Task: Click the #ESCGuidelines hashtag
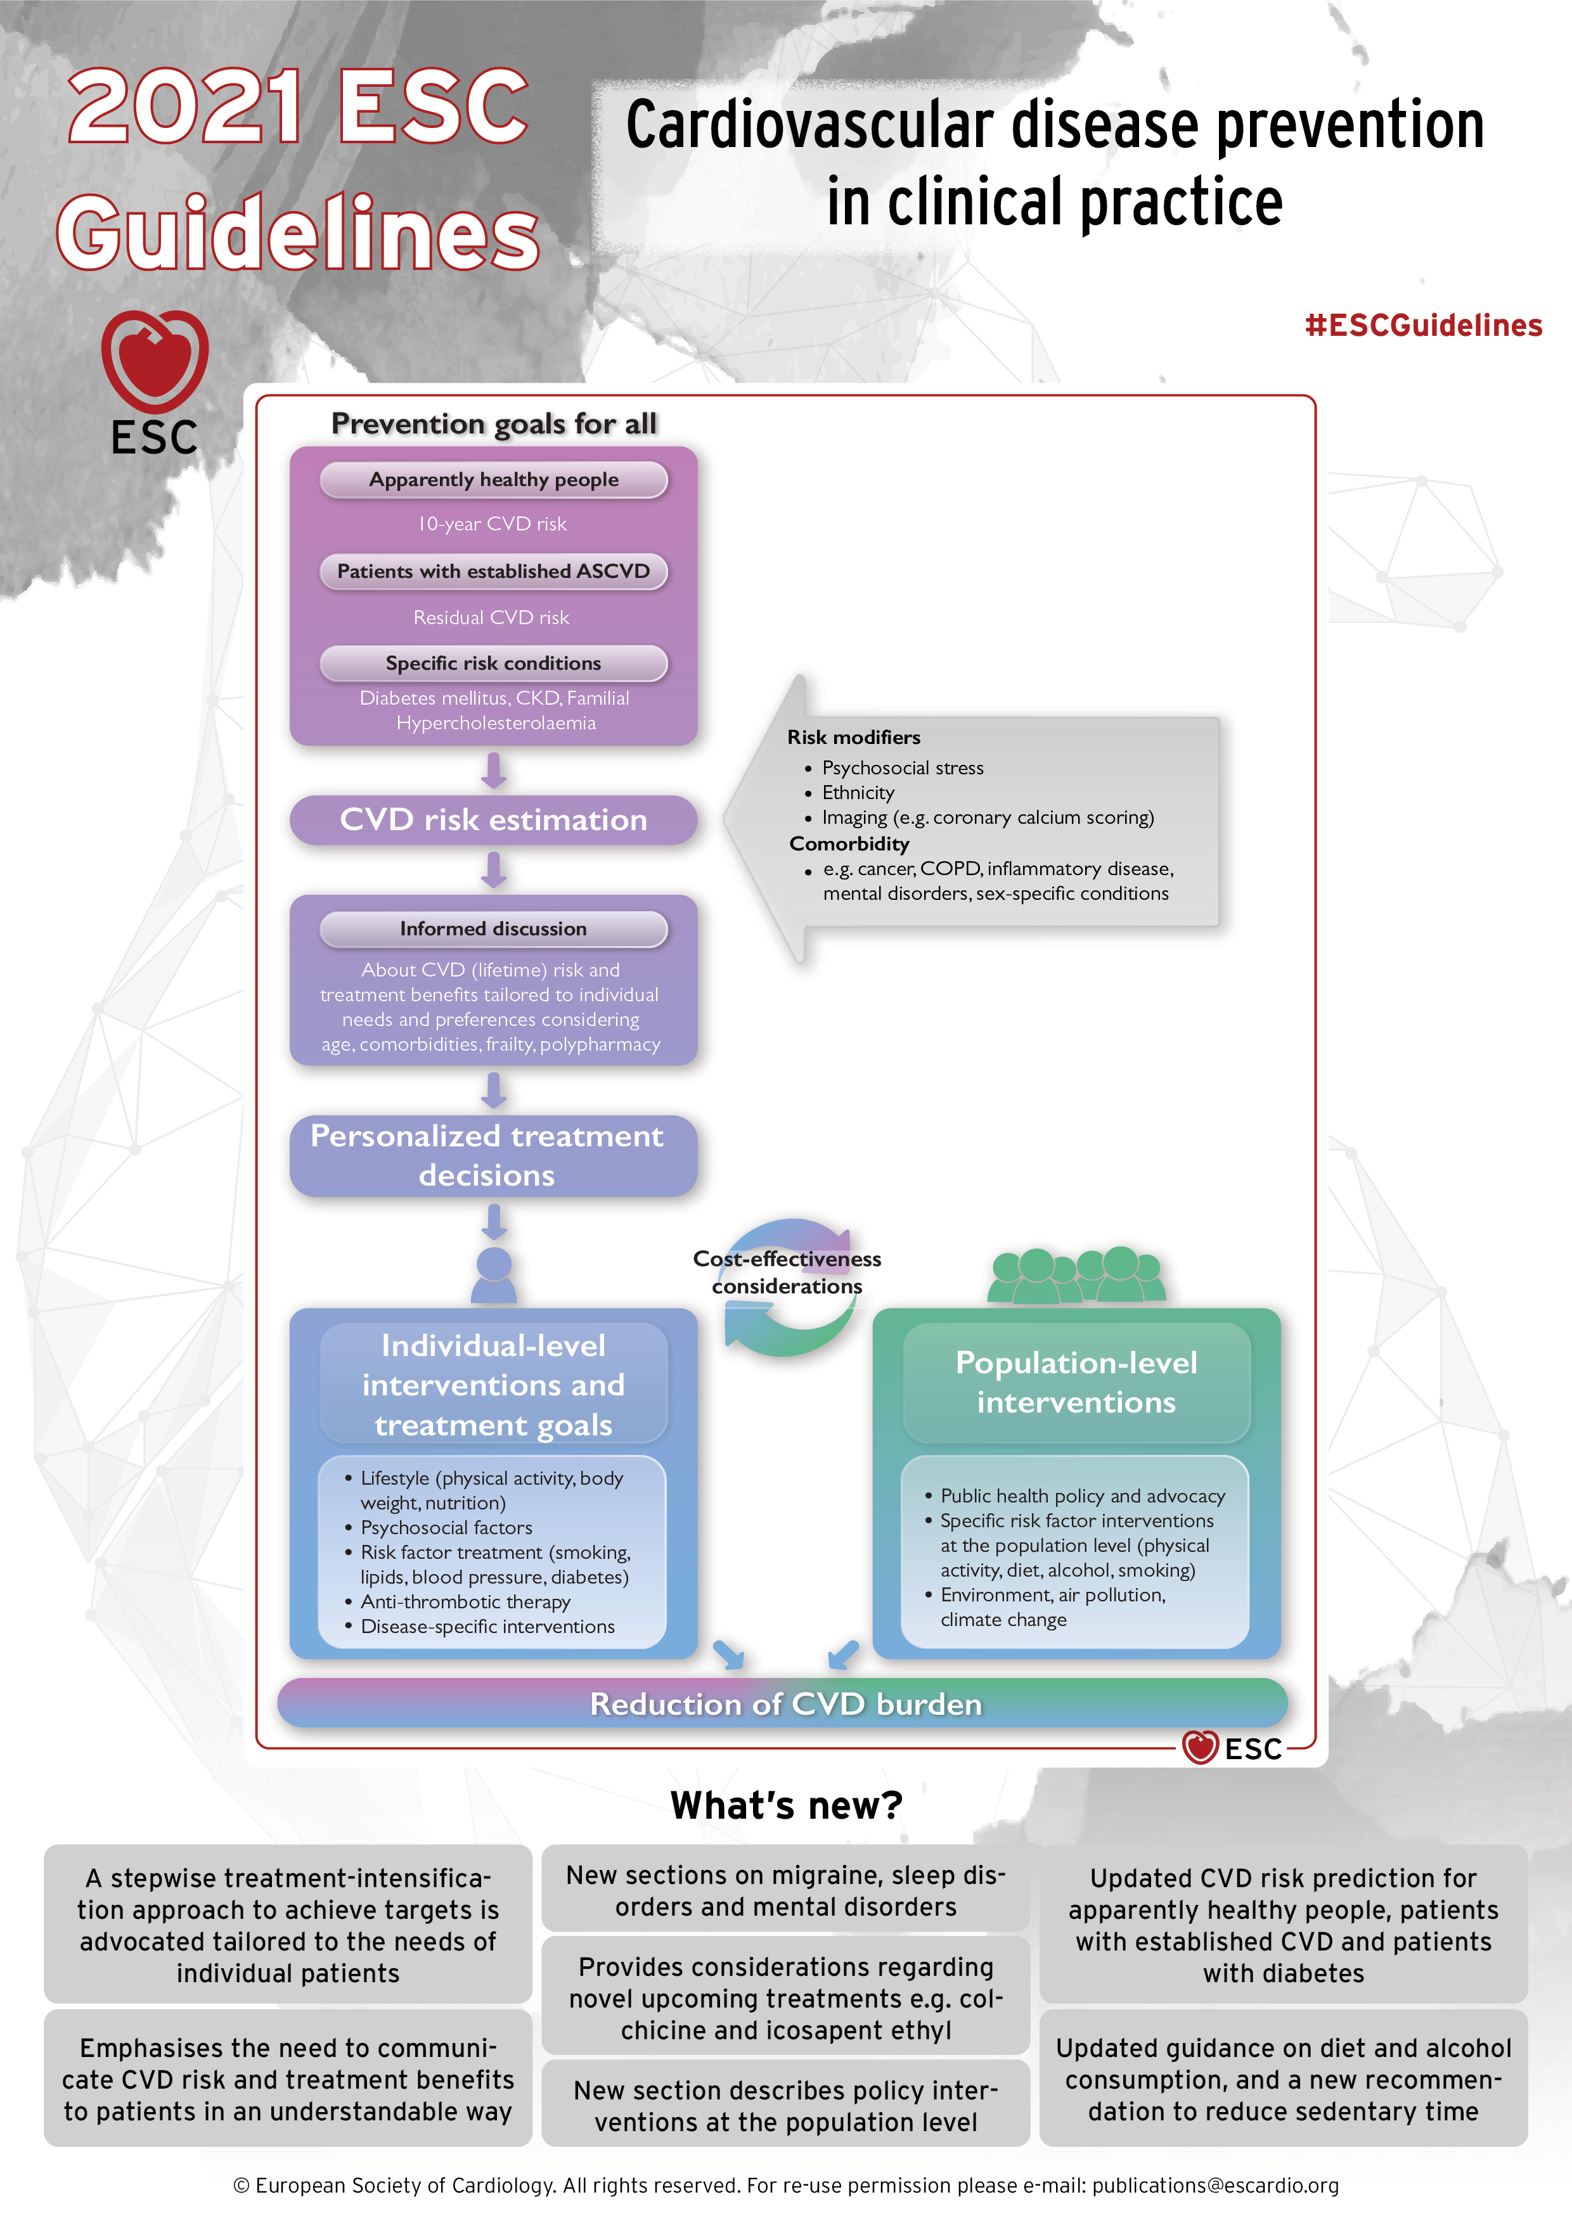(1423, 325)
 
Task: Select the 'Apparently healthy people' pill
(494, 479)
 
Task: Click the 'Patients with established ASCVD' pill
(494, 571)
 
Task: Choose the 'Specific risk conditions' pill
(494, 663)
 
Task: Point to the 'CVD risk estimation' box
(494, 820)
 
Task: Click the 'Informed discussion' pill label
(494, 928)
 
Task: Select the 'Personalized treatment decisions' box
(494, 1155)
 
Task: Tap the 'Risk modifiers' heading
(853, 737)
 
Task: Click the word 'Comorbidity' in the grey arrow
(849, 843)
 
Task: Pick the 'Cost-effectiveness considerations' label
(787, 1272)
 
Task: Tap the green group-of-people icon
(1077, 1274)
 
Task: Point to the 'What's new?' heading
(787, 1805)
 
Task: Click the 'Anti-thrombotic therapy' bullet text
(466, 1601)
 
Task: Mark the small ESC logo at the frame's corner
(1233, 1748)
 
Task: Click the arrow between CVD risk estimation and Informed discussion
(494, 869)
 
